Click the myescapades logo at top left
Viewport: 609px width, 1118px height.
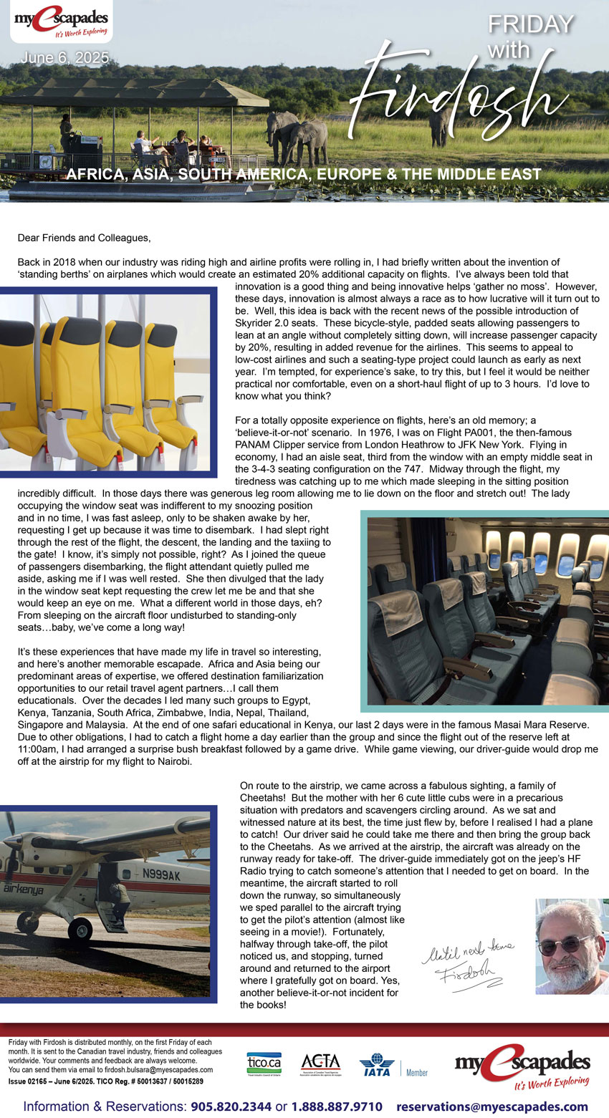click(62, 22)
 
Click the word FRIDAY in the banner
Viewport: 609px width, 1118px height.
click(531, 24)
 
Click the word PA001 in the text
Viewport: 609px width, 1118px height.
click(403, 432)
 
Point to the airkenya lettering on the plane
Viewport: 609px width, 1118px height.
click(23, 889)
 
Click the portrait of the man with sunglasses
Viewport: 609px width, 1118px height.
click(571, 946)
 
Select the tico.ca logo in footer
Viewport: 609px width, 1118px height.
click(264, 1063)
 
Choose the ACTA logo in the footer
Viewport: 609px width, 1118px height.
click(320, 1063)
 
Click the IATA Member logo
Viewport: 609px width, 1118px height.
click(393, 1065)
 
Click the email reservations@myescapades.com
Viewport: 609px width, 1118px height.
click(491, 1107)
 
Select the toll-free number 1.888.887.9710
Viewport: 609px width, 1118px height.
click(336, 1107)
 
